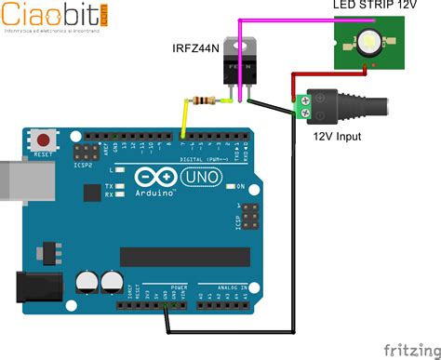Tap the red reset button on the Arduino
(43, 141)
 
